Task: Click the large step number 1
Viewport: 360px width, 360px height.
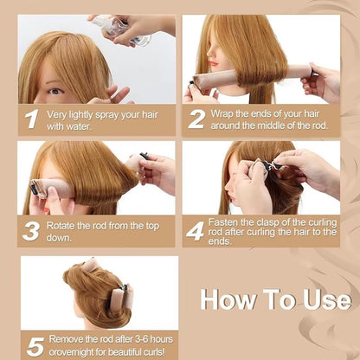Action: pos(31,119)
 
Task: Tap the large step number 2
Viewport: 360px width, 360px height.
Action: pos(196,119)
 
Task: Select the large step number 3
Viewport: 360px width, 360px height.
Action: pos(31,231)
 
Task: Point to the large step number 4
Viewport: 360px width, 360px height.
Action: pos(196,231)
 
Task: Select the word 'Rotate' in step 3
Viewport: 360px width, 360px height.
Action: pos(61,226)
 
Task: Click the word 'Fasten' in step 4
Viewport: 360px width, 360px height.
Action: pos(223,222)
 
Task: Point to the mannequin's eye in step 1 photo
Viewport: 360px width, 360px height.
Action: pos(56,92)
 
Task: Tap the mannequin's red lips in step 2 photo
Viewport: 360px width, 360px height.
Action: pos(213,63)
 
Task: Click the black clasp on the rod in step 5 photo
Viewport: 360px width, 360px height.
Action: pos(124,287)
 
